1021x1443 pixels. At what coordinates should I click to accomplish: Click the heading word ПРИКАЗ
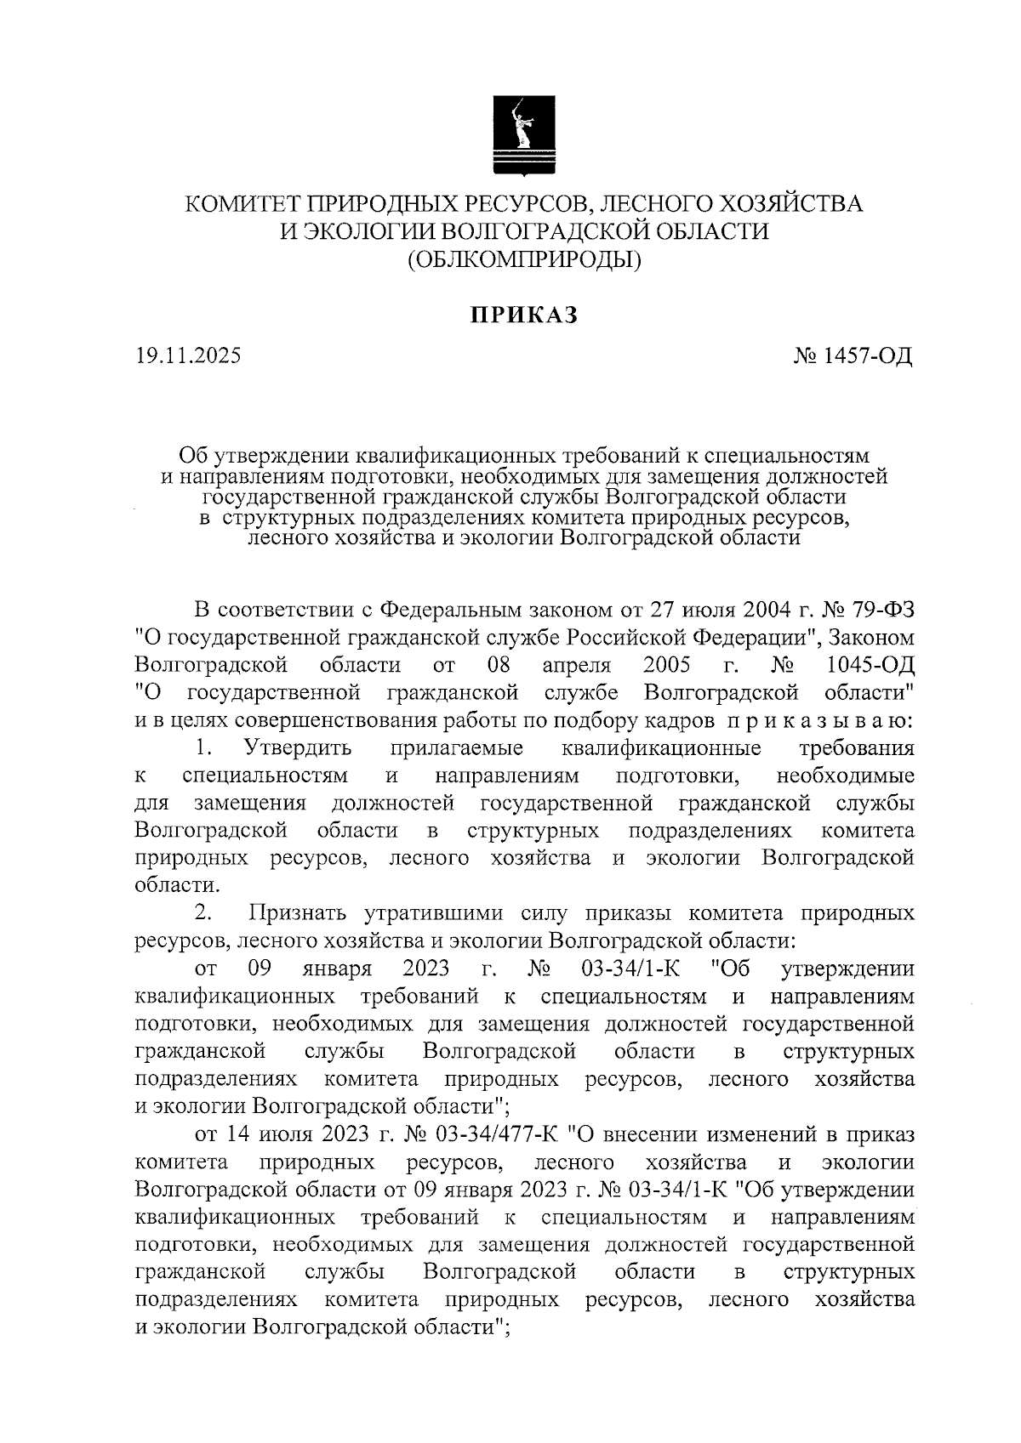click(524, 315)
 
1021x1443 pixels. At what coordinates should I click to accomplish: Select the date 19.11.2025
click(187, 355)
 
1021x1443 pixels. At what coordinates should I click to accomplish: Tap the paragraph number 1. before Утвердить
click(203, 748)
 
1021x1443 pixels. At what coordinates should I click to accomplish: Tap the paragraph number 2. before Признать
click(203, 913)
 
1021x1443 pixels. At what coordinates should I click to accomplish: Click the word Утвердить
click(297, 748)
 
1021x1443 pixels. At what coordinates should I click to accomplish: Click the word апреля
click(577, 664)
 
